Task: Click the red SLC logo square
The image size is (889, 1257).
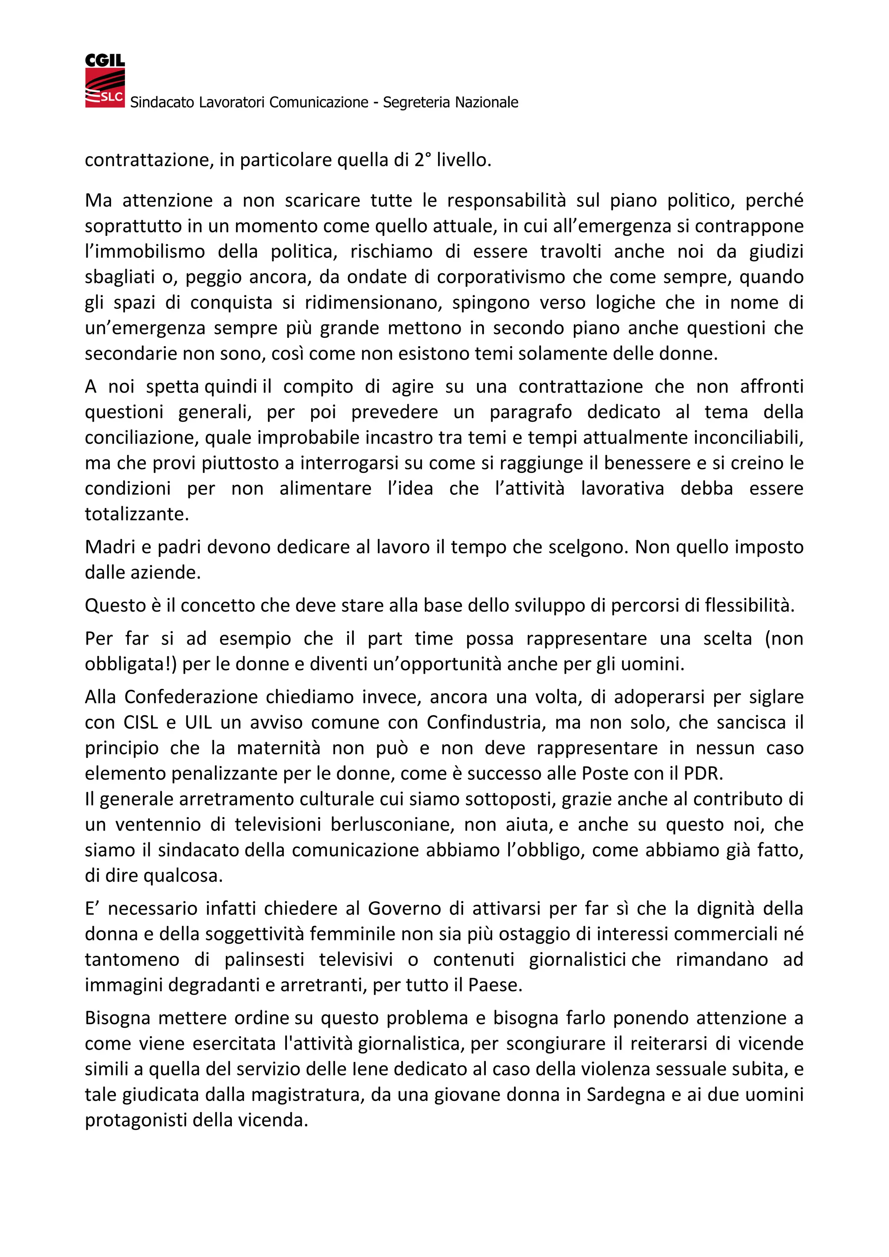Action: (x=105, y=88)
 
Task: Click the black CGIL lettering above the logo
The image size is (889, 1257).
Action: (x=105, y=60)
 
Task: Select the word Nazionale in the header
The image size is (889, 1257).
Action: (x=487, y=102)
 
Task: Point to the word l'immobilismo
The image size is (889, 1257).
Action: (x=144, y=251)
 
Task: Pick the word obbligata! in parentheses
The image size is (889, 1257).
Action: (x=129, y=664)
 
